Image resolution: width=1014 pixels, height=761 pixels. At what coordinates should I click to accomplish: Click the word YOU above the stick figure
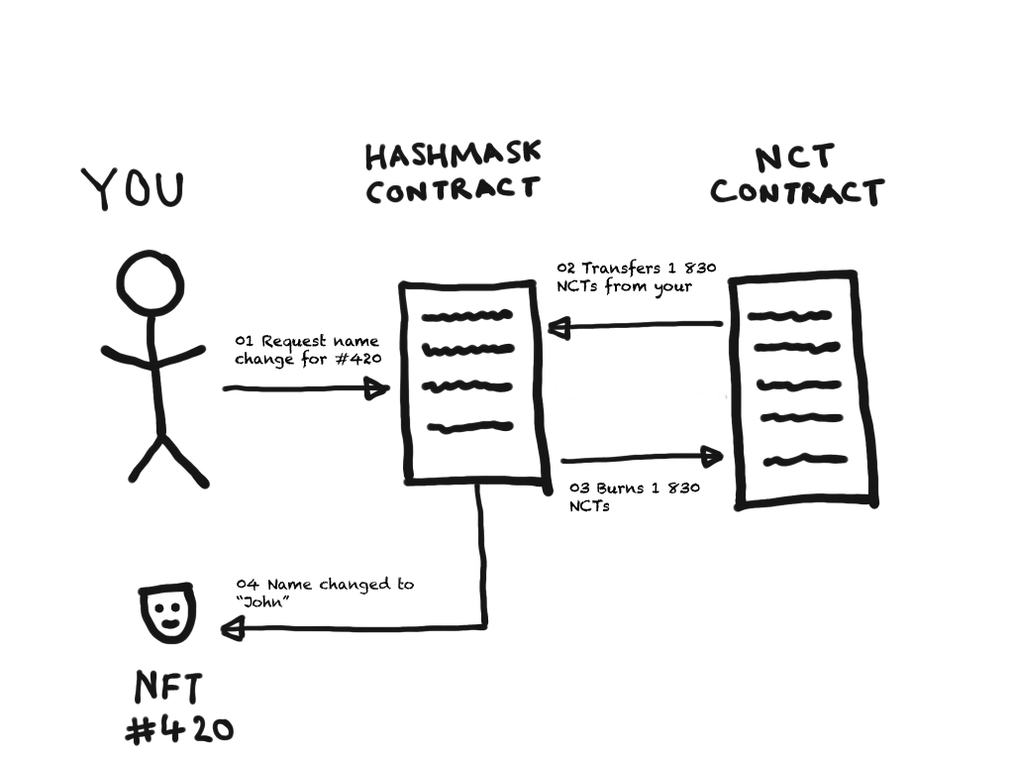(133, 189)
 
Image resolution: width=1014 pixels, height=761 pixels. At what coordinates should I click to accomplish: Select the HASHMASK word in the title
(453, 155)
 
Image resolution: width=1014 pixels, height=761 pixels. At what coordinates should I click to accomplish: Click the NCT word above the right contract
(795, 158)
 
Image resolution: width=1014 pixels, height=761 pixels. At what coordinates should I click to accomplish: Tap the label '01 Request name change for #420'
(307, 350)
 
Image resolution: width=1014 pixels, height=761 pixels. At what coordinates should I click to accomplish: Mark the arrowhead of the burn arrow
(713, 457)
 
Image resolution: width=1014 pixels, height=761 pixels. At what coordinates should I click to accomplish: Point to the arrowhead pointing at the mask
(234, 626)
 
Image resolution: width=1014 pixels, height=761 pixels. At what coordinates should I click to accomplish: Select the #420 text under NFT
(180, 731)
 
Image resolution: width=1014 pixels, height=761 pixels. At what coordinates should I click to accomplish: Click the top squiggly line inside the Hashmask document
(467, 318)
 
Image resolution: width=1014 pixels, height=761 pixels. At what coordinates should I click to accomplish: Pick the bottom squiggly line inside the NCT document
(805, 460)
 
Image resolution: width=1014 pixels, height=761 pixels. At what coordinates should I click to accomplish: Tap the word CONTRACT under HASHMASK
(453, 189)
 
